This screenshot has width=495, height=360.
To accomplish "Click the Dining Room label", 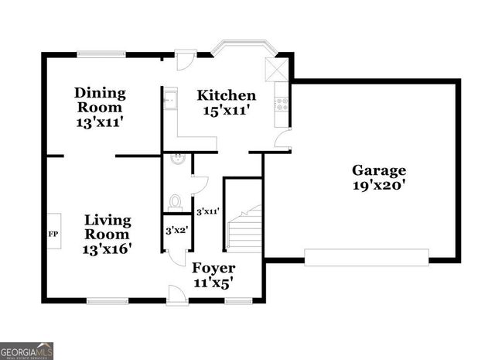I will (100, 100).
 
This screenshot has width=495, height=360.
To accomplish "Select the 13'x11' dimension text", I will (100, 122).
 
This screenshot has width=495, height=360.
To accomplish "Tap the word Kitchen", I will (226, 95).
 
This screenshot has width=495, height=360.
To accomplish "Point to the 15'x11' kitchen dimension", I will (226, 110).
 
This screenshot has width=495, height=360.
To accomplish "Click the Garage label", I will (378, 170).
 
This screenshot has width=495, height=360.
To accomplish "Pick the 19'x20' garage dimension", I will (378, 185).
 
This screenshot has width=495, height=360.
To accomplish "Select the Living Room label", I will (108, 227).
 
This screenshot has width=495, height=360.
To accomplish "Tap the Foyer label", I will (213, 268).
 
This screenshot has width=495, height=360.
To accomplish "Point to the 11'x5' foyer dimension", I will (213, 283).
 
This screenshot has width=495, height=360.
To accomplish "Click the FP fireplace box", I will (54, 232).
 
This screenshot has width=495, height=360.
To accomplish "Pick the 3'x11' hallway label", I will (207, 211).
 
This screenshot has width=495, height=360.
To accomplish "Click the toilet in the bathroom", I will (175, 202).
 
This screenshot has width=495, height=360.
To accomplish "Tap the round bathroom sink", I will (177, 159).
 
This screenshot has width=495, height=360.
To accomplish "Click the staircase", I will (244, 227).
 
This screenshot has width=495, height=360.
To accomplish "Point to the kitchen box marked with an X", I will (275, 68).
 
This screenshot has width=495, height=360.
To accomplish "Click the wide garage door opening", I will (367, 257).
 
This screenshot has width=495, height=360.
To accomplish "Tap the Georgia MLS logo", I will (27, 351).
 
